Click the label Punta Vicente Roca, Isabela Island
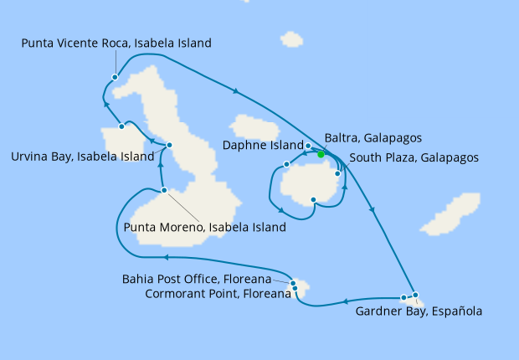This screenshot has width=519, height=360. coord(116,43)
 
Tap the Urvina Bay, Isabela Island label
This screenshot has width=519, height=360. coord(82,156)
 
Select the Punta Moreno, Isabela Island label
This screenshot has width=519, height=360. coord(205,227)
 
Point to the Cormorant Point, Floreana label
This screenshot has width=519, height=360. coord(217,293)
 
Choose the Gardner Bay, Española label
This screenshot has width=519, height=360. coord(419,311)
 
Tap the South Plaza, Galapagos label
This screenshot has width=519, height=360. coord(414,157)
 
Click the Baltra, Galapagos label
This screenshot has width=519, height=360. coord(373,138)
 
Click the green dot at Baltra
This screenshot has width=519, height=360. coord(321,153)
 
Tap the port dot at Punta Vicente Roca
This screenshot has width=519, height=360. coord(114,78)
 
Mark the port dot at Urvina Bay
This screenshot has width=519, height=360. coord(122,126)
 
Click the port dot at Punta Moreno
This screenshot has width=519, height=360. coord(164,191)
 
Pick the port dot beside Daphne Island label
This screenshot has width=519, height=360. coord(308,147)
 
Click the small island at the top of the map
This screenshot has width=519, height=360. coord(291,39)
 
